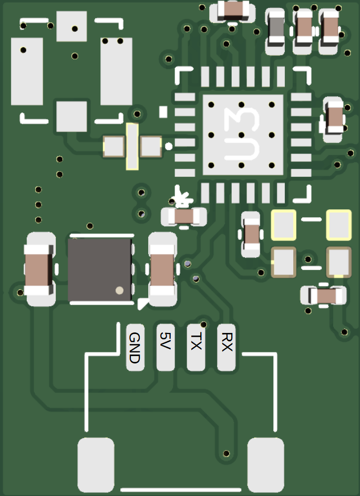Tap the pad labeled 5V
point(166,347)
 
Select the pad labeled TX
point(196,347)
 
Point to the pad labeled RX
point(227,347)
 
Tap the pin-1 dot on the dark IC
point(119,290)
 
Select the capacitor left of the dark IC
point(39,269)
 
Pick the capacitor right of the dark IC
point(163,269)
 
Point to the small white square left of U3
point(163,112)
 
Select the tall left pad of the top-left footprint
point(27,72)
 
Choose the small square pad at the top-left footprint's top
point(71,27)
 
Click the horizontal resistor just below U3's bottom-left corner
point(184,216)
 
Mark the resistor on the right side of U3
point(334,118)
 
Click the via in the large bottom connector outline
point(227,453)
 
